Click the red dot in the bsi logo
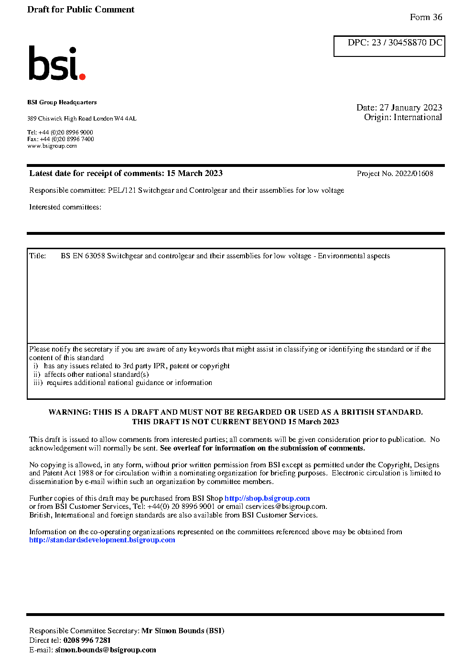[82, 76]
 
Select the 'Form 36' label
[426, 17]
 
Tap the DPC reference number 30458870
[407, 43]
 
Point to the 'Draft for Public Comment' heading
[81, 10]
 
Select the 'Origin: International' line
[403, 117]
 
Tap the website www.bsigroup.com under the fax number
[52, 146]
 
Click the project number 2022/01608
[414, 174]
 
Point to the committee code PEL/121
[122, 190]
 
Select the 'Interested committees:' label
[65, 207]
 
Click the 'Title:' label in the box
[38, 256]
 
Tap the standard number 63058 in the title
[95, 256]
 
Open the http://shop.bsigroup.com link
[267, 498]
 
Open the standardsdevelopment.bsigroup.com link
[102, 540]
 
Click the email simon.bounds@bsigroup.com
[106, 650]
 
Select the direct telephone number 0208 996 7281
[87, 640]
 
